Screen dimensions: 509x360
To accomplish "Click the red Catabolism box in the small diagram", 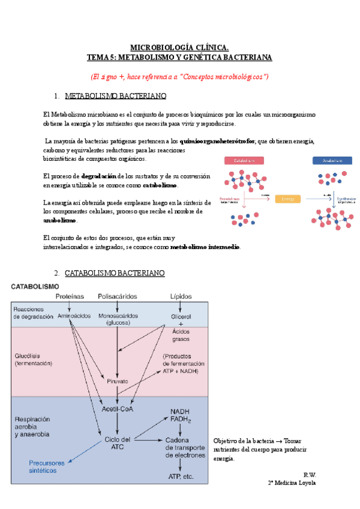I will tap(244, 160).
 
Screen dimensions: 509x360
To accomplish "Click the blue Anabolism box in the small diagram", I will tap(332, 160).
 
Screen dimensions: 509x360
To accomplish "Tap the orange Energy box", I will tap(287, 199).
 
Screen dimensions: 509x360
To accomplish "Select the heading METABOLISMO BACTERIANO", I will tap(115, 96).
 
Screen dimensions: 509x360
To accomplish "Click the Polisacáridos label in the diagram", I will tap(117, 297).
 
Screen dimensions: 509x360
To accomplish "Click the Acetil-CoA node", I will tap(117, 409).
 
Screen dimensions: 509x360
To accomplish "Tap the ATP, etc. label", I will tap(180, 477).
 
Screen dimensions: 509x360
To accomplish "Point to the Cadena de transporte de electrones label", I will tap(185, 447).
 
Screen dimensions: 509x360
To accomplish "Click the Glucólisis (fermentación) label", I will tap(34, 359).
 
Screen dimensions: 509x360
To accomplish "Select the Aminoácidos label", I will tap(74, 316).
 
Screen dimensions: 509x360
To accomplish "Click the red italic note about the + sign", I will tap(179, 77).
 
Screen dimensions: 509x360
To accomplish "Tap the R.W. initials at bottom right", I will tap(310, 474).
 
